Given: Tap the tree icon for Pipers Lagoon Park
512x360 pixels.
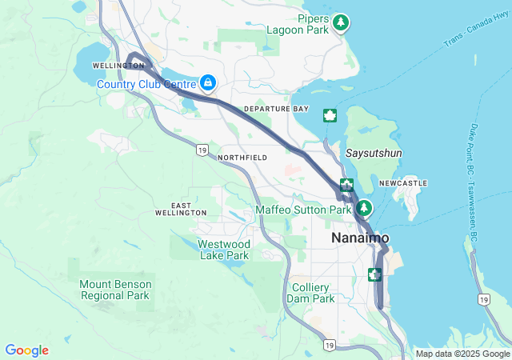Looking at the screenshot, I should click(342, 22).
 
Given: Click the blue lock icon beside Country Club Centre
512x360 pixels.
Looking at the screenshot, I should click(208, 82).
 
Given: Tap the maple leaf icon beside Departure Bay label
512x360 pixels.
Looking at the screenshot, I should click(330, 115).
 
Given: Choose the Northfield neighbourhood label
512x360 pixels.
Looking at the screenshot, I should click(242, 158).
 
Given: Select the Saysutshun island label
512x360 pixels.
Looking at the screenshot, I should click(374, 152).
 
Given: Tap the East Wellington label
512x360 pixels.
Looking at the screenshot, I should click(182, 210).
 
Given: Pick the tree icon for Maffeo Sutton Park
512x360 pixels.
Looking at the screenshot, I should click(365, 208).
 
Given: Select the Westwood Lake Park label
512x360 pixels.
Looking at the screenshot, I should click(224, 250).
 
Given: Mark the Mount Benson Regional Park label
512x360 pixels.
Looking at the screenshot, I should click(115, 290).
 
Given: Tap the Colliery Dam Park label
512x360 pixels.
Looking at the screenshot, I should click(310, 293).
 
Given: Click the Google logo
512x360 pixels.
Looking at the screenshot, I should click(26, 350).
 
